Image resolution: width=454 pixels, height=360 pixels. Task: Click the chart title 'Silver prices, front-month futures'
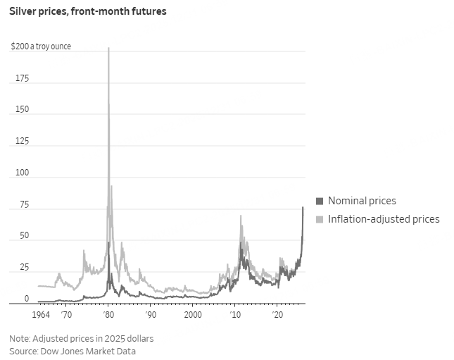pyautogui.click(x=88, y=12)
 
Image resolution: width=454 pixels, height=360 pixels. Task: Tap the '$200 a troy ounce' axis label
pyautogui.click(x=41, y=46)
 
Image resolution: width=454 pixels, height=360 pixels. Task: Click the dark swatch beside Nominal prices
pyautogui.click(x=320, y=201)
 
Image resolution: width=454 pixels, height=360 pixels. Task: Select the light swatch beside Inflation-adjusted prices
pyautogui.click(x=320, y=219)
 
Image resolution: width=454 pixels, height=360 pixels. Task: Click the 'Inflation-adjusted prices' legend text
pyautogui.click(x=384, y=219)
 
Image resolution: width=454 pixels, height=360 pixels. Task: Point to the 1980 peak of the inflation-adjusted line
pyautogui.click(x=108, y=49)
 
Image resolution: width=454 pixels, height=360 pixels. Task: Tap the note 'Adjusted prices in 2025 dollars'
pyautogui.click(x=94, y=338)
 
